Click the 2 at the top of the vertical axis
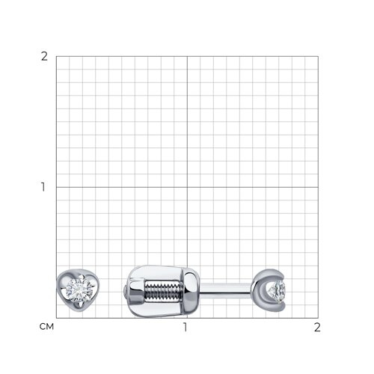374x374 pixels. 44,57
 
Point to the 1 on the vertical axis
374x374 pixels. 43,187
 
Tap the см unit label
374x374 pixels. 46,327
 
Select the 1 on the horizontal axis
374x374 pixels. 185,327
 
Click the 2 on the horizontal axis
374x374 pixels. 317,327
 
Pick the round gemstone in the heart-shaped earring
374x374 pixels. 79,290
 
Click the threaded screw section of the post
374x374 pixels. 163,291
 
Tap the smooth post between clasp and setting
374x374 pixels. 225,291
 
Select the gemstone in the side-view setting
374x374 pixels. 277,291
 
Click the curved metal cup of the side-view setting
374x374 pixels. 260,290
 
